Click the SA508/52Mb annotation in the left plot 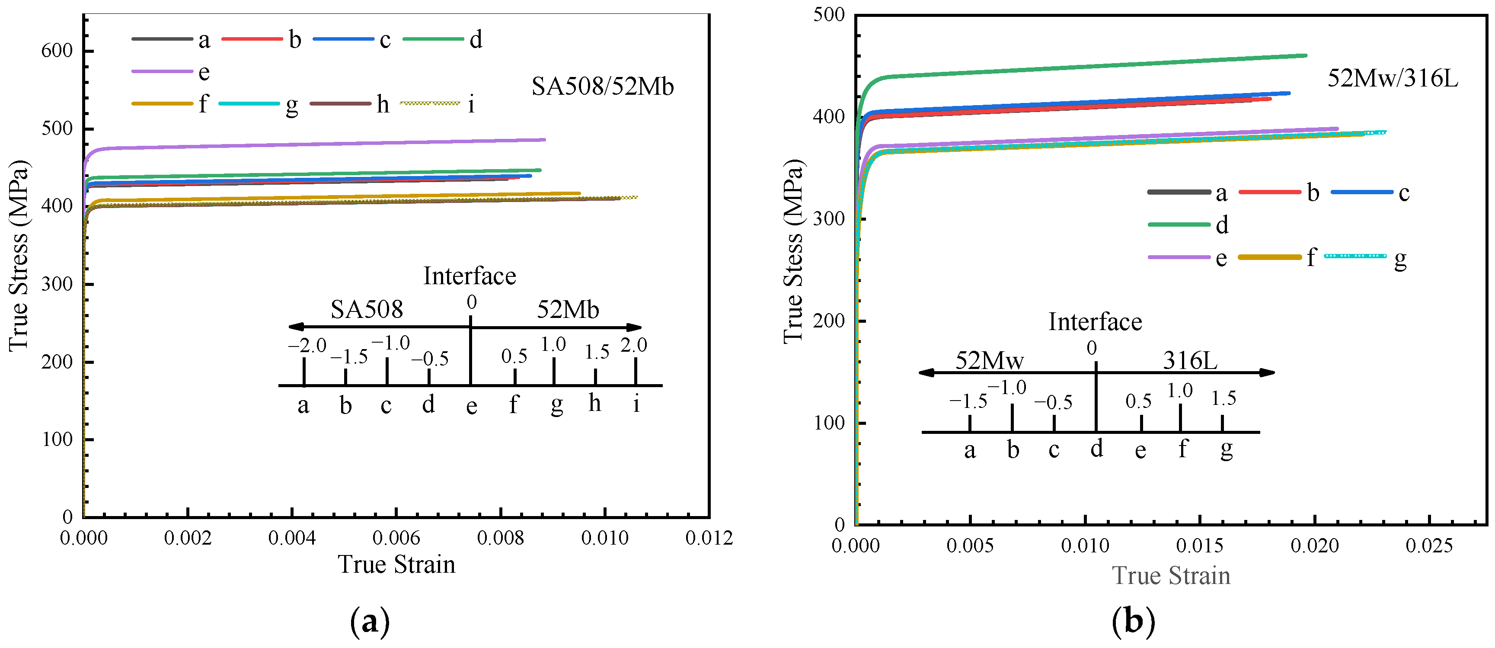click(602, 87)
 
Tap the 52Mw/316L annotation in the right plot click(1392, 78)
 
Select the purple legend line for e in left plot click(162, 71)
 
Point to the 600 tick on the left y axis click(57, 51)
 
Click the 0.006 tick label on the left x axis click(396, 538)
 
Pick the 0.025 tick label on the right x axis click(1429, 546)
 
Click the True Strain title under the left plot click(396, 565)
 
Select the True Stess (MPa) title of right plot click(793, 251)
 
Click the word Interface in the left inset click(470, 276)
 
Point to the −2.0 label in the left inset click(307, 346)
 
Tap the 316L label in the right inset click(1190, 361)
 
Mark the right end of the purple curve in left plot click(544, 139)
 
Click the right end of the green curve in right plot click(1305, 56)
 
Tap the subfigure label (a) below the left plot click(370, 622)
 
